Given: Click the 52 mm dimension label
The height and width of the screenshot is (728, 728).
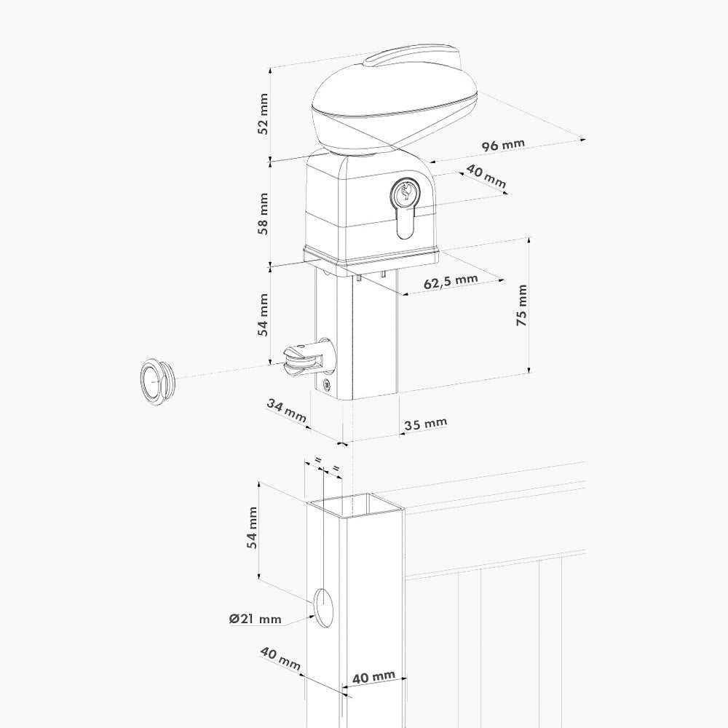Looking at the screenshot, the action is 263,114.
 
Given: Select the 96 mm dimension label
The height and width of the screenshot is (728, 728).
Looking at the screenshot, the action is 503,144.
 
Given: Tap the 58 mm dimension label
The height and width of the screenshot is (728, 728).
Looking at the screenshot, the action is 264,213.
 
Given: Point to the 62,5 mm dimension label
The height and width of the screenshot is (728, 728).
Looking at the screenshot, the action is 451,281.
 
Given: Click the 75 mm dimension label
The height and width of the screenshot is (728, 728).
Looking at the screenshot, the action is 522,305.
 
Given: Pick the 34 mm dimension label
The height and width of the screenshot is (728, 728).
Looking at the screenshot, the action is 286,411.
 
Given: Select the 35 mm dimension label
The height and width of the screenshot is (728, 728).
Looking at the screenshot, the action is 425,424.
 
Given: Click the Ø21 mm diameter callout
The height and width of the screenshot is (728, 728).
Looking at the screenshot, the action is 256,618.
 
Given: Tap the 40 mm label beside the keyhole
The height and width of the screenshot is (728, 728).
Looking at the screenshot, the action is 486,176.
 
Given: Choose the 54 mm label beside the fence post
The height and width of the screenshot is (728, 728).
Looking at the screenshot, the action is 252,528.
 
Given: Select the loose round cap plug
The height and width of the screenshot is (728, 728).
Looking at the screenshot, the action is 158,380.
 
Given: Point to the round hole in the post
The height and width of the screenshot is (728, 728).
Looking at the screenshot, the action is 324,607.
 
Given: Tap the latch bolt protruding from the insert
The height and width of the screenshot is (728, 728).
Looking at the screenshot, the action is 306,357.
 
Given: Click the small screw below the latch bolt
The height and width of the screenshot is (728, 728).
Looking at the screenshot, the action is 326,384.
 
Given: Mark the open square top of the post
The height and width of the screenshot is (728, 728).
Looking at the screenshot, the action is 355,506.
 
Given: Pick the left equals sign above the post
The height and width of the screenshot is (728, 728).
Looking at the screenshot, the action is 318,460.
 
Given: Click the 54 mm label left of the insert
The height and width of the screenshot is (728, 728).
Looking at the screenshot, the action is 264,314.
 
